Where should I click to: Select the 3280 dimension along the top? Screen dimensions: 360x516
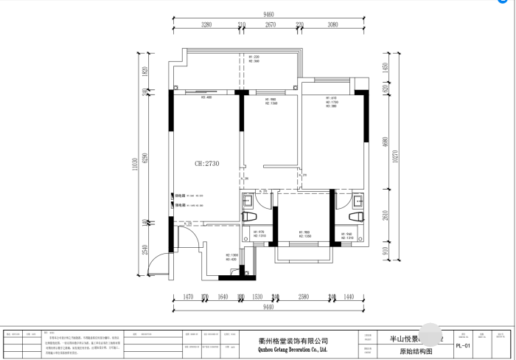pyautogui.click(x=206, y=25)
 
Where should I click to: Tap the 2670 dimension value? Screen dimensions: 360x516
pyautogui.click(x=271, y=25)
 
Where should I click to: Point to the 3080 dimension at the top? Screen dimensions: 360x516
pyautogui.click(x=332, y=25)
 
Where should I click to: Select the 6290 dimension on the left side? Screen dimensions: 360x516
pyautogui.click(x=145, y=158)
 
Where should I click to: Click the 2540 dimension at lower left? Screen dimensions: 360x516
pyautogui.click(x=145, y=250)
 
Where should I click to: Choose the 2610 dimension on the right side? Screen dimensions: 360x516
pyautogui.click(x=384, y=215)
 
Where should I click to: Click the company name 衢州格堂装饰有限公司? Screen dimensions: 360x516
pyautogui.click(x=284, y=341)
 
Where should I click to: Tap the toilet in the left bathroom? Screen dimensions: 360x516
pyautogui.click(x=249, y=215)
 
